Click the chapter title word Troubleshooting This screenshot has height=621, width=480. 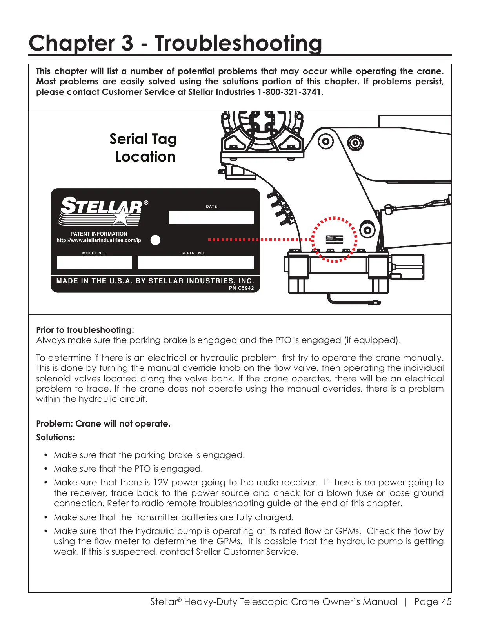click(x=238, y=43)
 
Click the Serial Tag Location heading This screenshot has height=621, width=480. click(x=144, y=148)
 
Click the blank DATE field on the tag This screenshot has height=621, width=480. click(x=211, y=217)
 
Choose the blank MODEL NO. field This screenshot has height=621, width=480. click(x=94, y=262)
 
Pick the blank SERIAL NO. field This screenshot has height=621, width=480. click(x=195, y=262)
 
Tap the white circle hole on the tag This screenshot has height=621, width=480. click(x=156, y=240)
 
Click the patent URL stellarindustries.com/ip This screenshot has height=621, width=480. click(x=99, y=240)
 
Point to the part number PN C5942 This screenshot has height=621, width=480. click(x=241, y=288)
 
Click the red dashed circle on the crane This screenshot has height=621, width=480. click(x=334, y=239)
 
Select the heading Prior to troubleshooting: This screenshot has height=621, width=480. click(x=85, y=330)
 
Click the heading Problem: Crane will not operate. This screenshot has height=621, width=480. click(x=103, y=424)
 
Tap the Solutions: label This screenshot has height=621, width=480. click(x=55, y=438)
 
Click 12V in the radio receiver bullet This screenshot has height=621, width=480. click(x=160, y=483)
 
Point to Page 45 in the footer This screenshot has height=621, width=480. click(x=433, y=602)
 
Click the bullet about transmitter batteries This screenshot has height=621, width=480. click(x=173, y=517)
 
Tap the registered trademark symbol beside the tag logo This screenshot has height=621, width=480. click(x=146, y=203)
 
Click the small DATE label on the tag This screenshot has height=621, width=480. click(x=211, y=207)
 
